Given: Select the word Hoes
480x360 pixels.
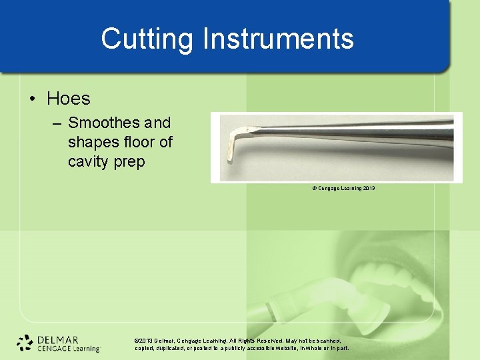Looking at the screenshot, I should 68,99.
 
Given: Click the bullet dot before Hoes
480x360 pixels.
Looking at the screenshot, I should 33,99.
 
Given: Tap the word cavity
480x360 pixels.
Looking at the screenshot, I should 89,161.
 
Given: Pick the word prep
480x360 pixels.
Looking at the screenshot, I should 130,162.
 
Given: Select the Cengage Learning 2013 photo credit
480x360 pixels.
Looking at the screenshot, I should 343,189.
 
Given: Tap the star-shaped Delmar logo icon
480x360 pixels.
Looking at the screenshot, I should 25,342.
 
